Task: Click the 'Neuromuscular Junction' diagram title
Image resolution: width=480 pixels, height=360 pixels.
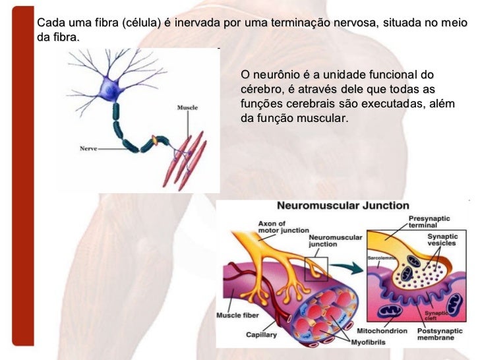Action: tap(342, 206)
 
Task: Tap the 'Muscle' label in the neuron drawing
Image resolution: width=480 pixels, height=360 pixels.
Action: tap(187, 107)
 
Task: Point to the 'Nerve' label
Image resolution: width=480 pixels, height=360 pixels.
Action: tap(88, 148)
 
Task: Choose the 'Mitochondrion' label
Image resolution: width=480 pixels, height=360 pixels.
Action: tap(382, 329)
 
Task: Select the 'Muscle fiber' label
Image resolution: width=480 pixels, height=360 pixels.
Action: tap(238, 315)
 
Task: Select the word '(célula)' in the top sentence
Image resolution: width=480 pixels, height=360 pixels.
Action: tap(141, 24)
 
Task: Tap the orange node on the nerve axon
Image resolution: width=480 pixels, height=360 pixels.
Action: tap(156, 140)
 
